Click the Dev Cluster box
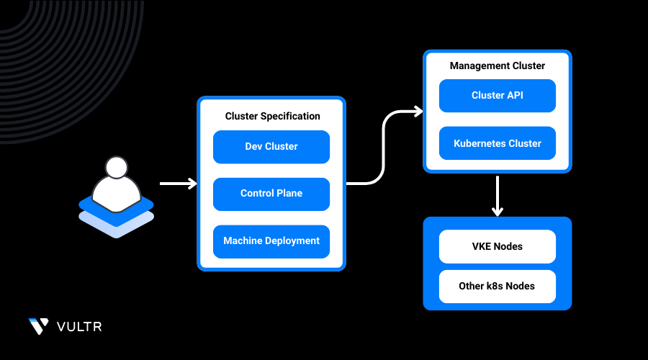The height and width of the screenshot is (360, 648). (x=271, y=147)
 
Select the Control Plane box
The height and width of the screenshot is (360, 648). (x=271, y=194)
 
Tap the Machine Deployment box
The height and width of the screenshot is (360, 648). (x=271, y=241)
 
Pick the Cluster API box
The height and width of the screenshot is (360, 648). (x=497, y=96)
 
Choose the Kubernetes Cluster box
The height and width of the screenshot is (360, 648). (x=497, y=143)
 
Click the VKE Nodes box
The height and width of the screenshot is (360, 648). (x=497, y=246)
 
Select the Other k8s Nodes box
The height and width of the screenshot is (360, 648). (x=497, y=286)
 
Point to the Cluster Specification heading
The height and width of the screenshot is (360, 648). (x=272, y=116)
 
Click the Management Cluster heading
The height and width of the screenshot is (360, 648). (x=498, y=66)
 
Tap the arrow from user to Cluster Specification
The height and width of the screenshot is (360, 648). (x=177, y=184)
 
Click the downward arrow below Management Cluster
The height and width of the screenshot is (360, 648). (x=498, y=194)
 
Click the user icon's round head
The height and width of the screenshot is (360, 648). (x=116, y=168)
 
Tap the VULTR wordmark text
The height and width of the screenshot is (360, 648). (x=79, y=327)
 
